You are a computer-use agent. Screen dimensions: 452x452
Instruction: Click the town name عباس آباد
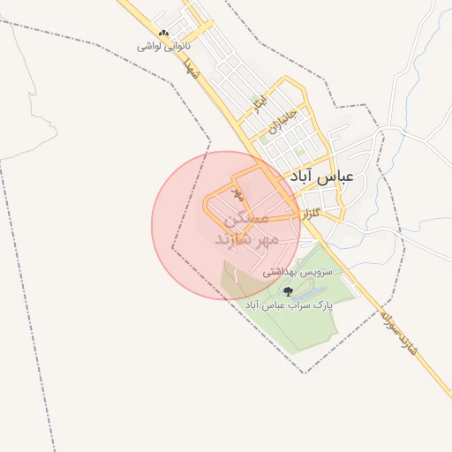pos(321,176)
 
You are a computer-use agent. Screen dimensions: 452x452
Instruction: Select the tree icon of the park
pos(287,290)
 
